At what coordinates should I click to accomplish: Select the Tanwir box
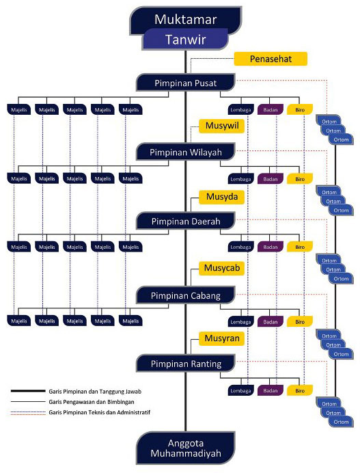(185, 40)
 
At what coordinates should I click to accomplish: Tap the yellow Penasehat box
(271, 59)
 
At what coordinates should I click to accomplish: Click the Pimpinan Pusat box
(185, 83)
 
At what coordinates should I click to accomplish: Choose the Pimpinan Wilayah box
(185, 152)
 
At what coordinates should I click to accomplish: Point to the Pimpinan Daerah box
(185, 221)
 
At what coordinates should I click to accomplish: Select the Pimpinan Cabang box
(185, 295)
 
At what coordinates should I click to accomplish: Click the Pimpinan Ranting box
(185, 364)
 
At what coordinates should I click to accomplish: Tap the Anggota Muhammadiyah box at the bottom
(185, 448)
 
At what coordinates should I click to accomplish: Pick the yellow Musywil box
(221, 126)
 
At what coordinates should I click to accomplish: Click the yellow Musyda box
(221, 197)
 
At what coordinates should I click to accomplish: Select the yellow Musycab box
(221, 268)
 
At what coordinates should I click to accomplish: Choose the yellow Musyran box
(221, 338)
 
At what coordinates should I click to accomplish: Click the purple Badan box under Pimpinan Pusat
(270, 110)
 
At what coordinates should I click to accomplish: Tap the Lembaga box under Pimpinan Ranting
(240, 391)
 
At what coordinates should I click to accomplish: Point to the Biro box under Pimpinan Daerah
(300, 247)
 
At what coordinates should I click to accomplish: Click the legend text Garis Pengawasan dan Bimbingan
(92, 402)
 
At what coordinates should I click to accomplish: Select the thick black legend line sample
(28, 391)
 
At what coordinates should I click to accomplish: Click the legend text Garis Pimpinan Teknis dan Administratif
(99, 412)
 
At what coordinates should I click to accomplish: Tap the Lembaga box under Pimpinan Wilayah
(240, 179)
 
